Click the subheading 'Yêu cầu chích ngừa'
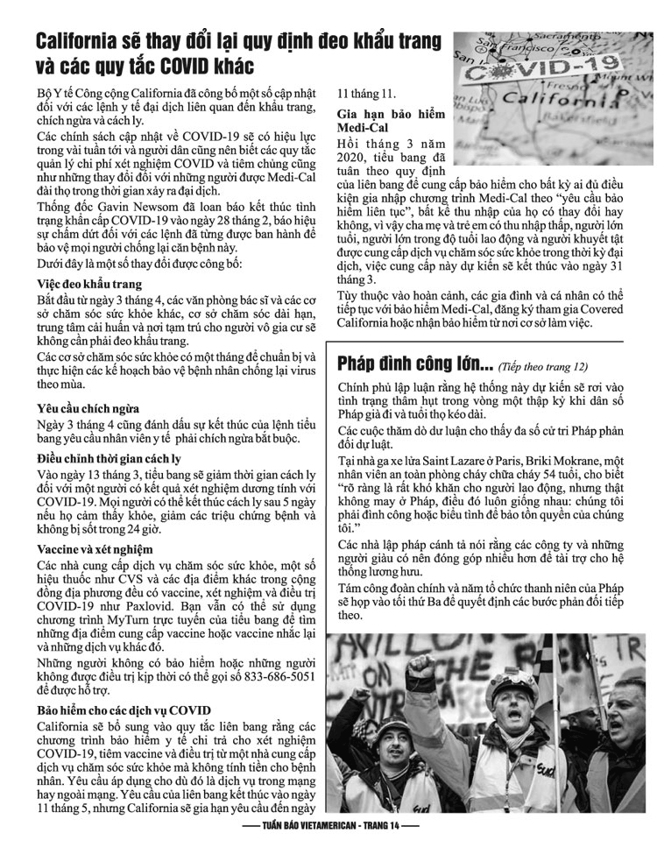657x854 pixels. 88,407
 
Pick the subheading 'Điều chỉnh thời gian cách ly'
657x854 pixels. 109,458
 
